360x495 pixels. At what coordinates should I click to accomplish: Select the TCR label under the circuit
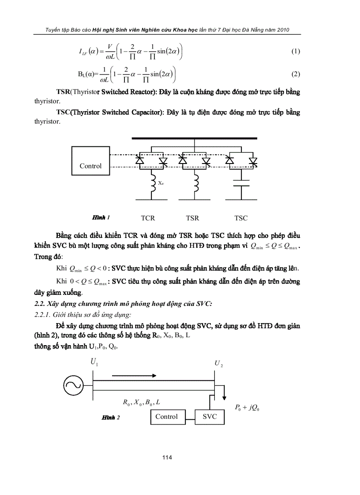(x=148, y=218)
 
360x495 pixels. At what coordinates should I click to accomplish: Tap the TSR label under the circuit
(x=192, y=218)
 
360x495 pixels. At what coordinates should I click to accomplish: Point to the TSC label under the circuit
(x=241, y=218)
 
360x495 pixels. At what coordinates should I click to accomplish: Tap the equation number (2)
(x=296, y=74)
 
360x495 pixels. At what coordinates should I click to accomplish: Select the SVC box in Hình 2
(x=210, y=417)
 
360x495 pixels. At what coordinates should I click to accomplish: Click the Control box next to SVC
(x=166, y=417)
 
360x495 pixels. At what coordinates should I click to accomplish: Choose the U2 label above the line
(x=218, y=364)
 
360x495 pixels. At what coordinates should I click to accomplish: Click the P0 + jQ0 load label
(x=247, y=408)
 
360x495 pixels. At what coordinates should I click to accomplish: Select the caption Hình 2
(x=111, y=417)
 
